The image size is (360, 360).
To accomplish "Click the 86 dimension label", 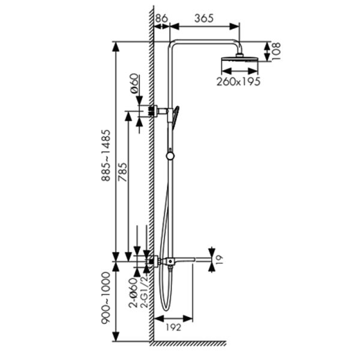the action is point(161,19).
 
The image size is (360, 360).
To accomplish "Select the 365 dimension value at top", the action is point(204,19).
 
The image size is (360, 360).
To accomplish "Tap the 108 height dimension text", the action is point(276,52).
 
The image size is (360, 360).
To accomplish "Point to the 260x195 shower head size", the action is point(238,82).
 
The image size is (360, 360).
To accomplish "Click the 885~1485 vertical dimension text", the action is point(106,155).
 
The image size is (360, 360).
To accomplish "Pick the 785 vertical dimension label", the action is point(122,172).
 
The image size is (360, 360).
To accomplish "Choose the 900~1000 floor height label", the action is point(106,298).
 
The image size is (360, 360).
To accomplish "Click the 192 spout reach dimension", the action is point(173,328).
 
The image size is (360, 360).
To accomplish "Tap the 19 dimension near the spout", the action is point(220,259).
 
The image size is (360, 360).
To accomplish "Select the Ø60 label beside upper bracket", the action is point(135,83).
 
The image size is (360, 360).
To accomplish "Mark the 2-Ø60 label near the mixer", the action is point(133,293).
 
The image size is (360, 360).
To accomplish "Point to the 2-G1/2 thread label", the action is point(145,291).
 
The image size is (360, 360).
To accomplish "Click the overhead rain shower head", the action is point(239,59).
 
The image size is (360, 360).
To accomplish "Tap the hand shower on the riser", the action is point(175,118).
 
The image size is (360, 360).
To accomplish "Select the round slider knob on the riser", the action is point(170,156).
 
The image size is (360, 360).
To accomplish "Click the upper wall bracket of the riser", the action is point(159,111).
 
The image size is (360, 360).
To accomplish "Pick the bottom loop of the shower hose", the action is point(166,308).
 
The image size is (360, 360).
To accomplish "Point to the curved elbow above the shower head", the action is point(239,47).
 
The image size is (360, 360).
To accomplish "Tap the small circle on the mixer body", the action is point(170,261).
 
